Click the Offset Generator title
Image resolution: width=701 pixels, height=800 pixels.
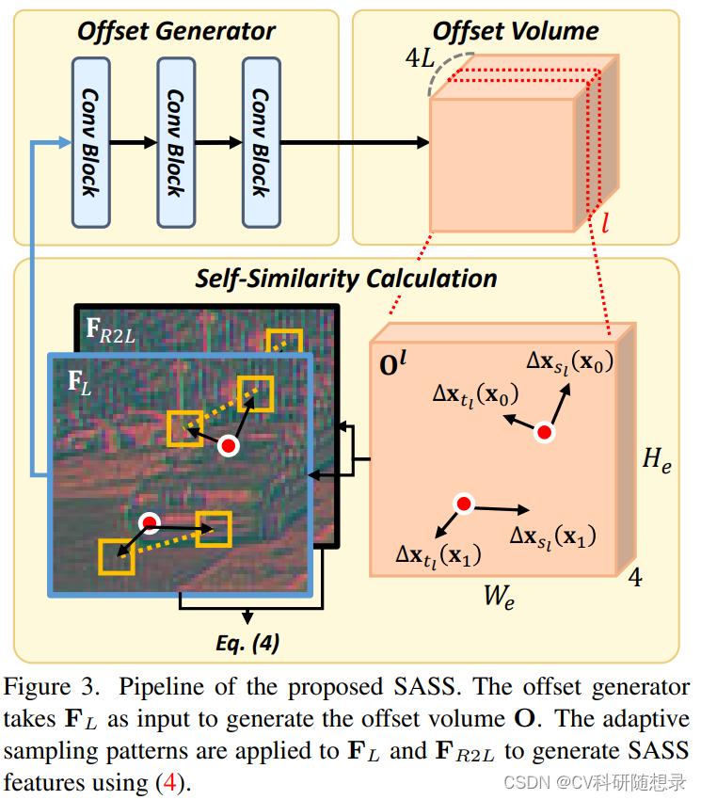(x=176, y=31)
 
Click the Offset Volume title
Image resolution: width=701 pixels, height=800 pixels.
(x=516, y=31)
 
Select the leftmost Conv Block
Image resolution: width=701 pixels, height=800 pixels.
(x=90, y=141)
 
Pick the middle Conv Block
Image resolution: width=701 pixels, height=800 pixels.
(x=175, y=141)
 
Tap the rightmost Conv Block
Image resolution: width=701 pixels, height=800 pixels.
(x=260, y=141)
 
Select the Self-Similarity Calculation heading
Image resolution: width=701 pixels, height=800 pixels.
(x=346, y=279)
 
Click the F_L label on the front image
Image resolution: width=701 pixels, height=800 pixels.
(x=80, y=381)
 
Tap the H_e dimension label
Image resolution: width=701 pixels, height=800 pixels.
(x=657, y=461)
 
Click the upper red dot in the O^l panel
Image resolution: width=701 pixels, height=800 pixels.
(x=543, y=433)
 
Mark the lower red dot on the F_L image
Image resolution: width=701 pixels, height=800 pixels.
(x=149, y=522)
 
